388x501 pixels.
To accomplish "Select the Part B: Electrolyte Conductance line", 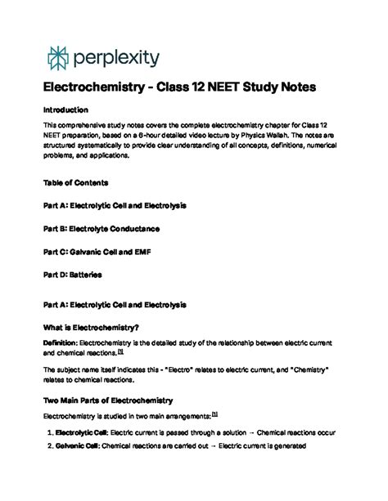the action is (x=102, y=230).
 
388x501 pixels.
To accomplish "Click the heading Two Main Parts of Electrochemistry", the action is (x=108, y=400).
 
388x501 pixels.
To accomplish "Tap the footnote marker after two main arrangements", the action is (x=214, y=414).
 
